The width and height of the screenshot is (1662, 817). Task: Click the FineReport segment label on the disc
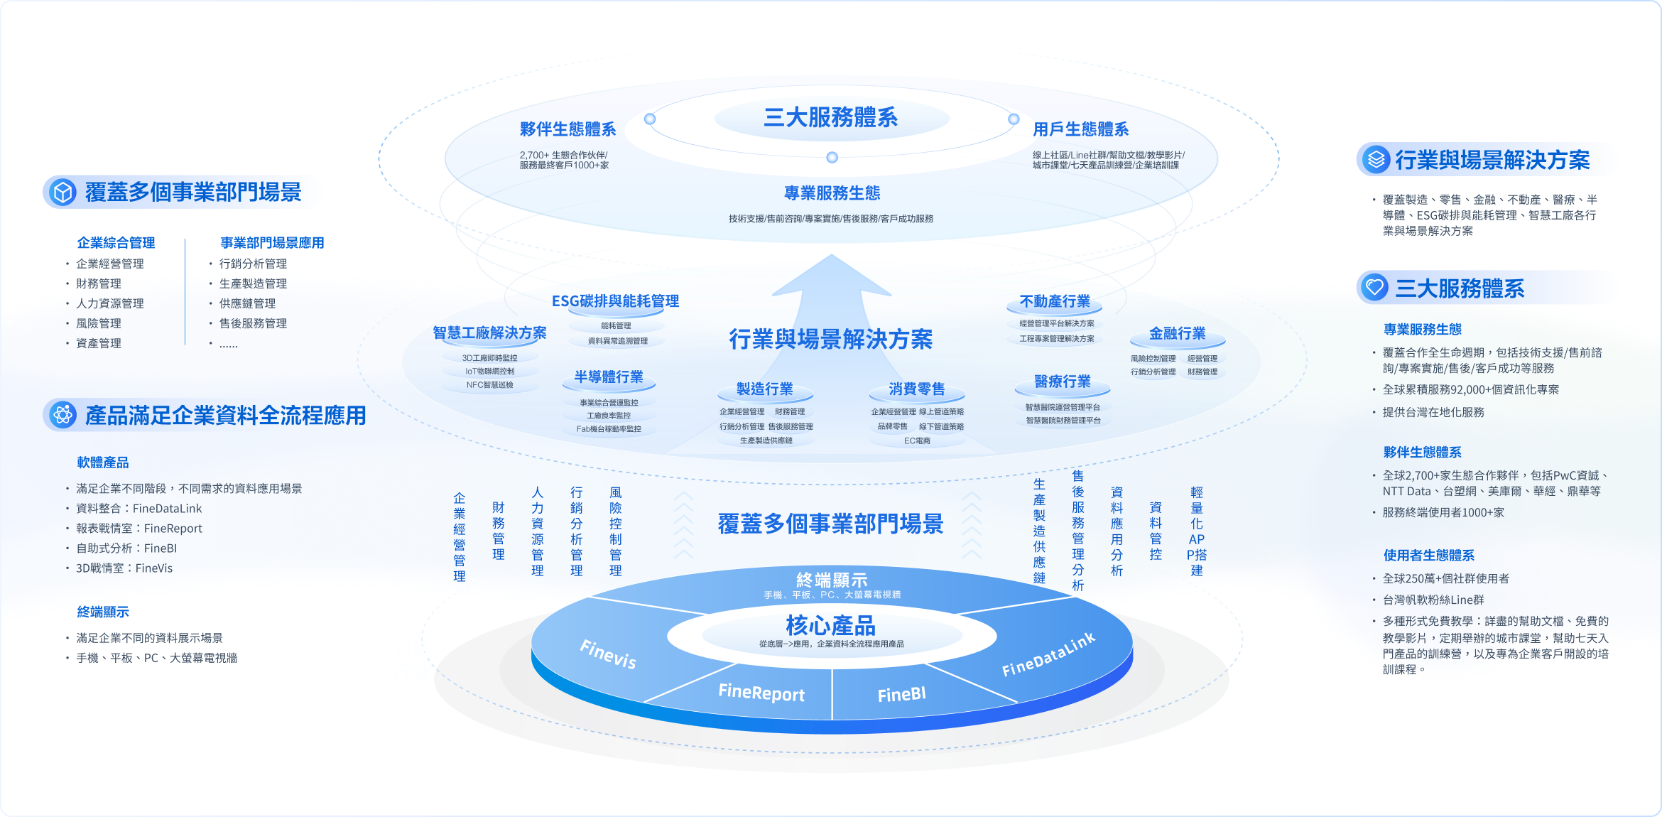[x=761, y=692]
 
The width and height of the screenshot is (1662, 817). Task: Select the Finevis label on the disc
[x=608, y=654]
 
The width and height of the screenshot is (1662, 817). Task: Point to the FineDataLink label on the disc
[x=1048, y=654]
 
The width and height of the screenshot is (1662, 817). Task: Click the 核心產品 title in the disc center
[x=830, y=625]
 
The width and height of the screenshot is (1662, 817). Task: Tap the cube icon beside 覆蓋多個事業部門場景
[x=63, y=193]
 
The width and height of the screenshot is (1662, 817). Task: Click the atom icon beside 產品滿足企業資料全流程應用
[x=63, y=415]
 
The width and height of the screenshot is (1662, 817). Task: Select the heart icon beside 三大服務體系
[x=1375, y=288]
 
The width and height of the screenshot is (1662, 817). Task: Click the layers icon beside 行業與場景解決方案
[x=1376, y=160]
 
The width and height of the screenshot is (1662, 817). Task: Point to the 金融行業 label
[x=1177, y=333]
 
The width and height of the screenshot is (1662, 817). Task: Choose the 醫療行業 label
[x=1062, y=382]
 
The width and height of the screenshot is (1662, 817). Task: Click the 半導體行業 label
[x=609, y=377]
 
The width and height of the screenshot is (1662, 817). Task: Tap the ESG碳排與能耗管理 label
[x=615, y=301]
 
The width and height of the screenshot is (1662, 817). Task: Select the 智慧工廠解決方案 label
[x=489, y=332]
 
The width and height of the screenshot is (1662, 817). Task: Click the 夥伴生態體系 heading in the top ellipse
[x=567, y=129]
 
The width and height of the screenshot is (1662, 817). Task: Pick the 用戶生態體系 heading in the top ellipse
[x=1080, y=129]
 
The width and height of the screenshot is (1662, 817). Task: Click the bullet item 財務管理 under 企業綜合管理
[x=99, y=283]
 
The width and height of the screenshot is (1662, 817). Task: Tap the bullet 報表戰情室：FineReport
[x=139, y=529]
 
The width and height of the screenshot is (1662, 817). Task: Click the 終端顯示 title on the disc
[x=832, y=580]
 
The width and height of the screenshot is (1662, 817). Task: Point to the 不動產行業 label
[x=1054, y=301]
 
